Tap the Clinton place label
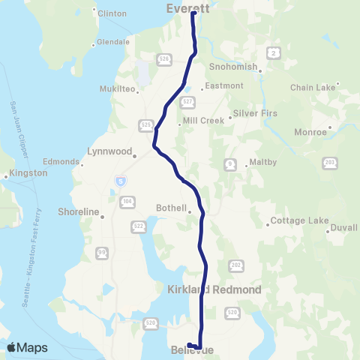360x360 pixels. point(112,13)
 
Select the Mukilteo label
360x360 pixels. point(118,88)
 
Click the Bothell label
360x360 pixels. point(173,211)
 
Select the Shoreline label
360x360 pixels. point(79,212)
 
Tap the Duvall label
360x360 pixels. point(343,226)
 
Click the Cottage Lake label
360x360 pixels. point(298,221)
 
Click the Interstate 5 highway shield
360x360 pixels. point(121,181)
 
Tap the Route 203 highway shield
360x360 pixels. point(329,163)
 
